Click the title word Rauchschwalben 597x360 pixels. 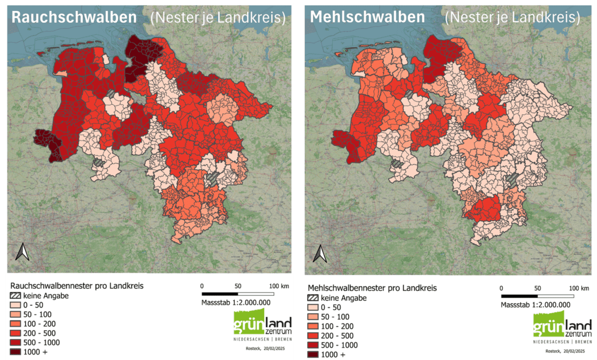pyautogui.click(x=74, y=18)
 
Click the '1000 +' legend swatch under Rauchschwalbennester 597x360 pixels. pyautogui.click(x=16, y=352)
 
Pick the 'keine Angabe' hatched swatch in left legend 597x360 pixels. pyautogui.click(x=16, y=295)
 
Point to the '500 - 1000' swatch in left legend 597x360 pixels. pyautogui.click(x=16, y=342)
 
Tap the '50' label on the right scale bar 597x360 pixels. pyautogui.click(x=538, y=288)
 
